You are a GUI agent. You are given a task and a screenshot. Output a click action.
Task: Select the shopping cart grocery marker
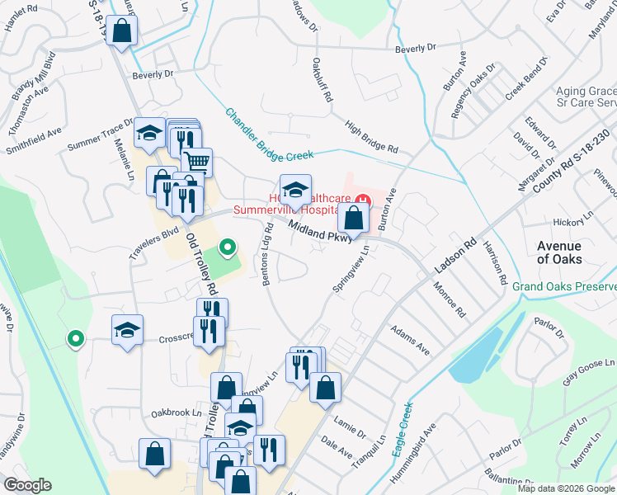pos(196,160)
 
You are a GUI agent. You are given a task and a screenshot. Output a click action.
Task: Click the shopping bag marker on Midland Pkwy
pos(353,219)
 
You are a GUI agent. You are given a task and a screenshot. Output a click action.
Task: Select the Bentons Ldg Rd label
pos(266,254)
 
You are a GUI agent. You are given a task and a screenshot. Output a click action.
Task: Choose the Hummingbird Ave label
pos(419,448)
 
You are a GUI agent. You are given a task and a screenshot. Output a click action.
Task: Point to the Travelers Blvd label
pos(154,244)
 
